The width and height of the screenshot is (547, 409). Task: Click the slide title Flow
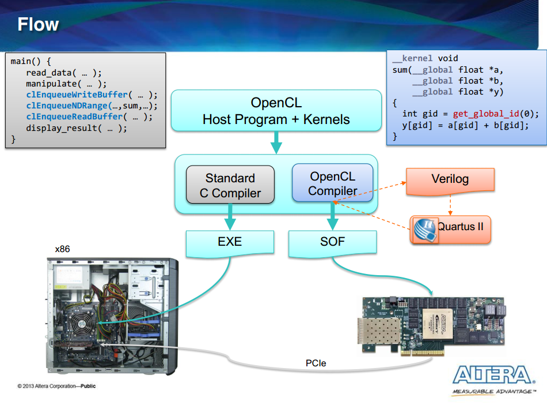(x=38, y=24)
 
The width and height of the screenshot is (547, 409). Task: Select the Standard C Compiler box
(x=230, y=185)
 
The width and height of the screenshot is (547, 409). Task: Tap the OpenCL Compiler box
(x=332, y=183)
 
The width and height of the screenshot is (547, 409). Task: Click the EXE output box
(x=230, y=242)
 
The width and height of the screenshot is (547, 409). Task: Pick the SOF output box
(x=332, y=242)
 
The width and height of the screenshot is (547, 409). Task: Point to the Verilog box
(x=450, y=179)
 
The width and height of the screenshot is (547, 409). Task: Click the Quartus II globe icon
(x=425, y=230)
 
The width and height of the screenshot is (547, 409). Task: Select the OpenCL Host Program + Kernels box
(x=276, y=111)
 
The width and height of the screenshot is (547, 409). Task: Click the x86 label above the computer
(x=62, y=249)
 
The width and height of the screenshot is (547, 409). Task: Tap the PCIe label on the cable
(x=316, y=363)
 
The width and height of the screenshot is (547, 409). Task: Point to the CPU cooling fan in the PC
(x=81, y=324)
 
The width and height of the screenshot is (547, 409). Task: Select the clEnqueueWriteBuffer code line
(x=92, y=95)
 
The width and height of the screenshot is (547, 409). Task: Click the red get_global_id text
(x=486, y=114)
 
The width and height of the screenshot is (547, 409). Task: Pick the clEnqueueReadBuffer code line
(x=89, y=117)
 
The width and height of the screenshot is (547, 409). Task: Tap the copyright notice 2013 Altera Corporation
(x=56, y=386)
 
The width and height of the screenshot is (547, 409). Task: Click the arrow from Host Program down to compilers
(x=276, y=142)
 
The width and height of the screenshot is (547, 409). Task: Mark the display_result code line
(x=77, y=128)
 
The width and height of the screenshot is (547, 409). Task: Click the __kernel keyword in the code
(x=412, y=58)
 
